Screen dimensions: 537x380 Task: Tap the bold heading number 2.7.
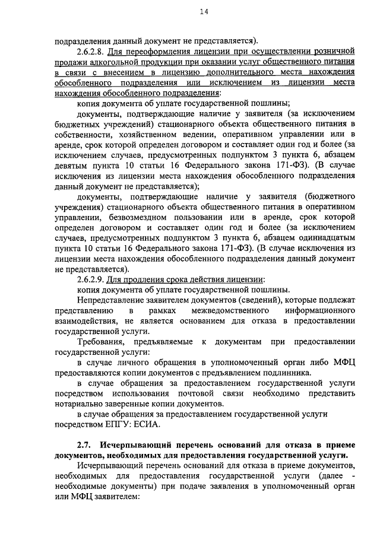coord(84,445)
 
